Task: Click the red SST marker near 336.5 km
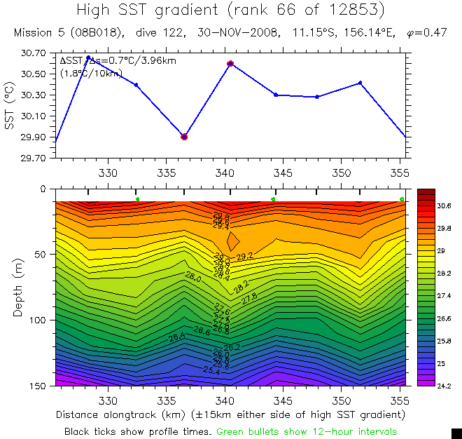pos(184,137)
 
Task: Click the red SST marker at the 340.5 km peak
pos(230,64)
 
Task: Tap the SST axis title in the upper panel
pos(9,106)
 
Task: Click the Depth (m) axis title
pos(18,288)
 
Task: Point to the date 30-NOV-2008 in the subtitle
pos(225,33)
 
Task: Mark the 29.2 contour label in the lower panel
pos(244,257)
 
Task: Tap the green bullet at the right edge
pos(402,200)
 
